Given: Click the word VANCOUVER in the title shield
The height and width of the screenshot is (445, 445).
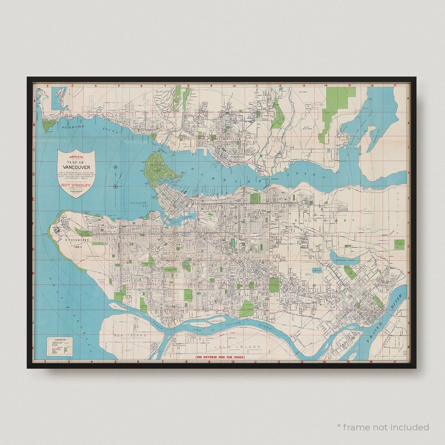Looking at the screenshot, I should (76, 166).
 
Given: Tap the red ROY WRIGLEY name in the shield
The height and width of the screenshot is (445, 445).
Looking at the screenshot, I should (76, 185).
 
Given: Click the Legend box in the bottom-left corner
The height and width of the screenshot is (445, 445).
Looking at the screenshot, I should (59, 347).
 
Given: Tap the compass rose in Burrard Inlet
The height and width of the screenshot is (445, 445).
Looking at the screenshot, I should (116, 186).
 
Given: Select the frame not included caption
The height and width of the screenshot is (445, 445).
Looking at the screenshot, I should (383, 427).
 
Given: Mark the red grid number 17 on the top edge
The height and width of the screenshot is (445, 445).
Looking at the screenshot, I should (395, 86).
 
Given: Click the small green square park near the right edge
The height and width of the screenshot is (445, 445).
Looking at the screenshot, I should (399, 244).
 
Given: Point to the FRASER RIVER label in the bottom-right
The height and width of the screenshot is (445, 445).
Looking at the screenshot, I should (385, 321).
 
